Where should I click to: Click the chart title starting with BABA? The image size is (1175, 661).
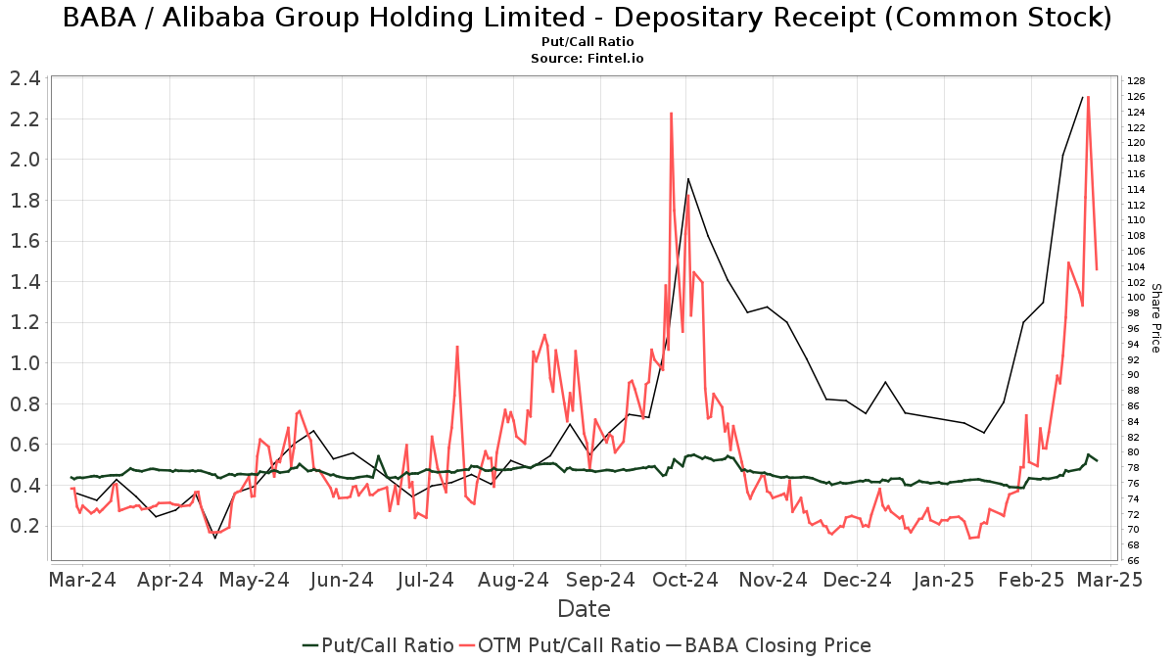click(587, 18)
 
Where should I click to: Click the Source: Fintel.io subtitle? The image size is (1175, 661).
click(587, 59)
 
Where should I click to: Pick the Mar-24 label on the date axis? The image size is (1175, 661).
click(82, 580)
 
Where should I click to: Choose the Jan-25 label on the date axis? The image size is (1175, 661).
click(944, 580)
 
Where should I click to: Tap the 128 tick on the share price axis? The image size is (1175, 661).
click(1136, 81)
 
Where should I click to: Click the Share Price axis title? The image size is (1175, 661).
click(1155, 318)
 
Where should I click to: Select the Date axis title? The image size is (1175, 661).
click(584, 609)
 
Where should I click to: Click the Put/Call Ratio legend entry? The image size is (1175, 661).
click(378, 645)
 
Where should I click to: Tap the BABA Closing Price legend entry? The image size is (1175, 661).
click(768, 645)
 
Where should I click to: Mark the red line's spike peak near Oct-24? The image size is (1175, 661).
click(671, 114)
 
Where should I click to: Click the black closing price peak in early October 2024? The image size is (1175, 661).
click(688, 178)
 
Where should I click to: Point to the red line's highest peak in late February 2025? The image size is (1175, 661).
click(1088, 97)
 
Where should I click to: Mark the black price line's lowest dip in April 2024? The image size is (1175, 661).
click(215, 538)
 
